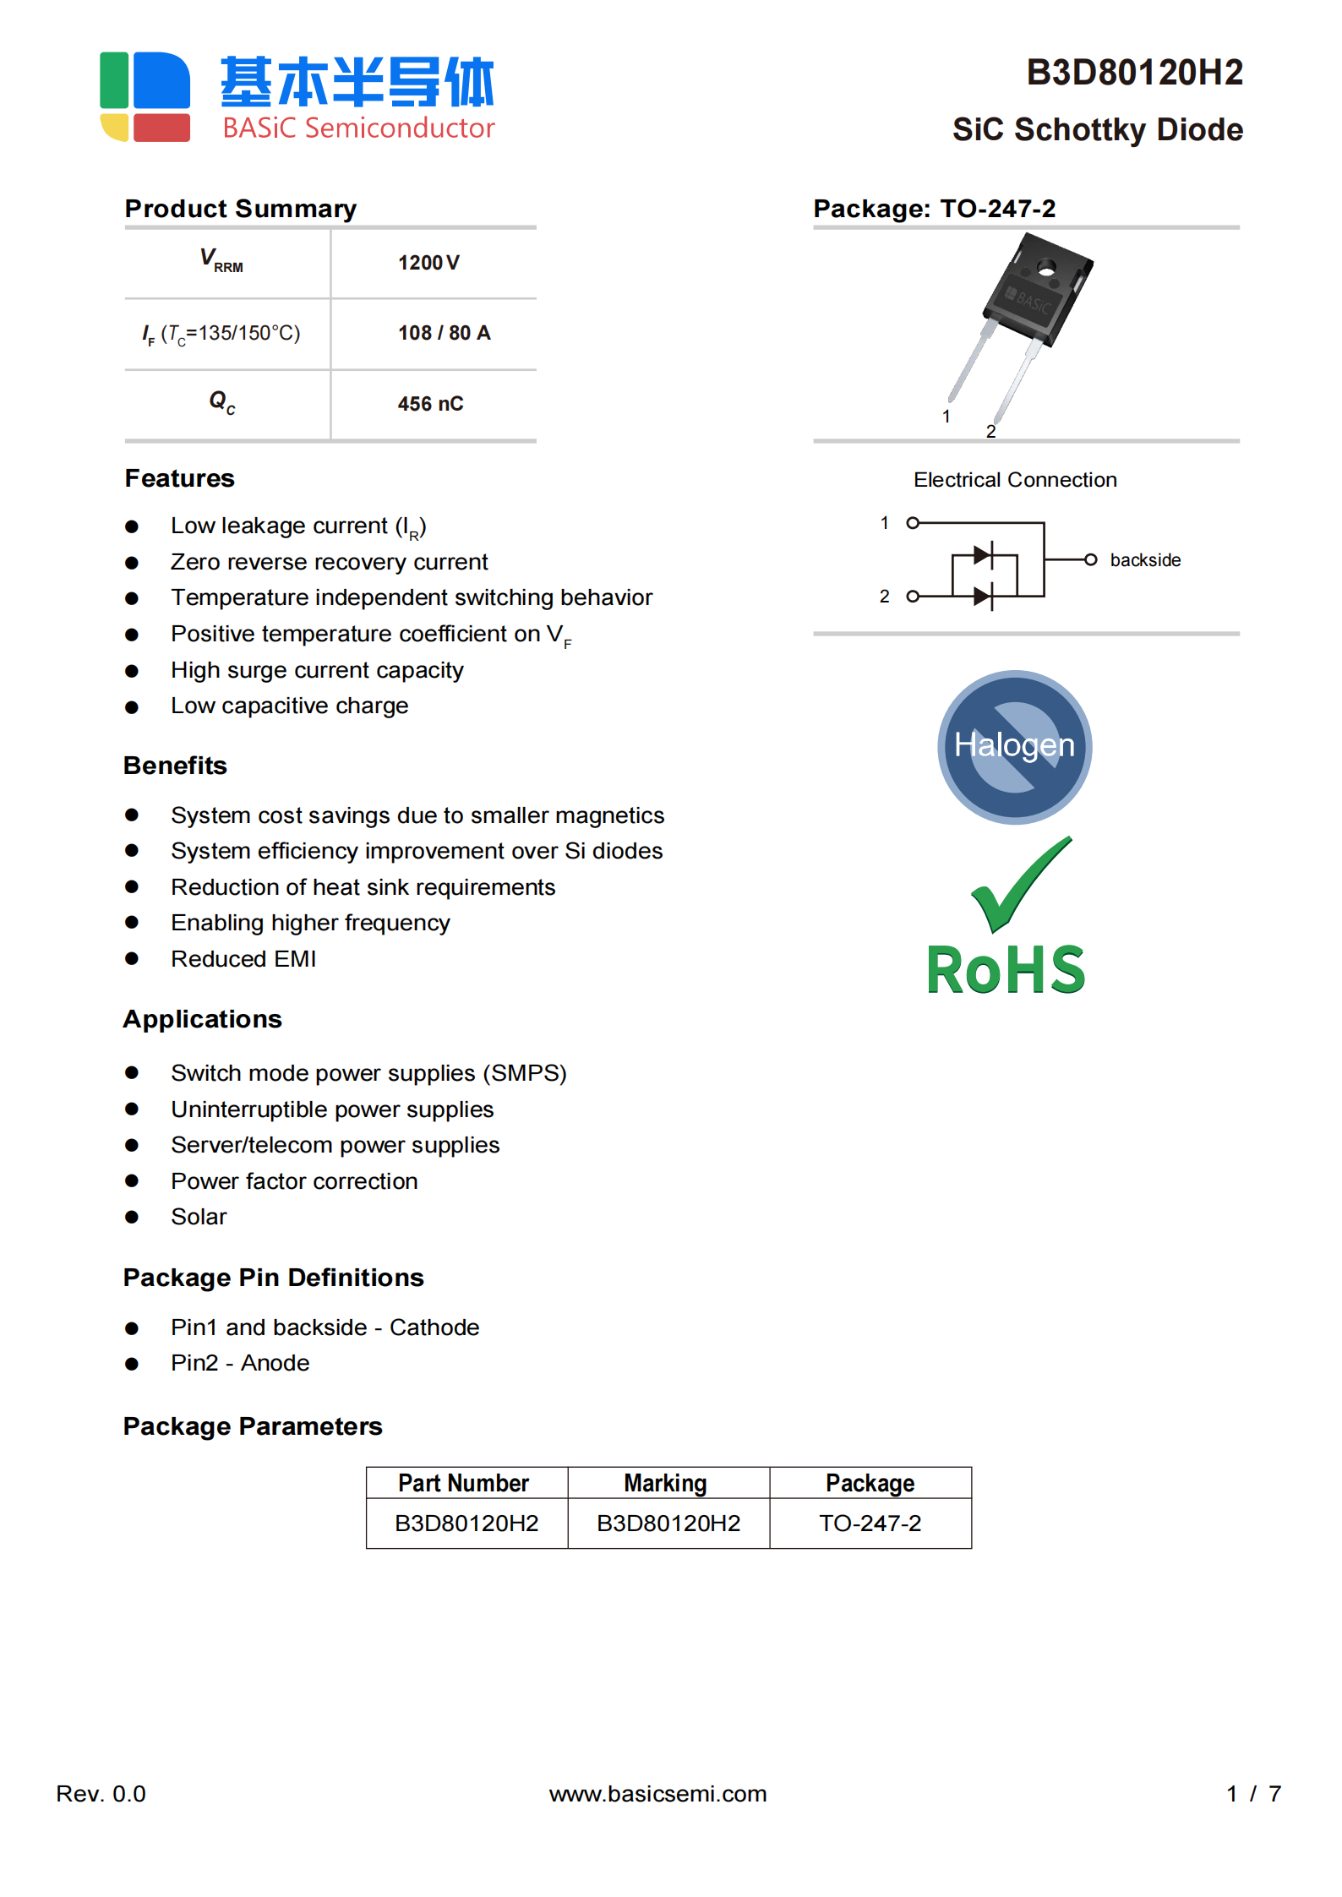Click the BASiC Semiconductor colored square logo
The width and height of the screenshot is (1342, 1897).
tap(145, 96)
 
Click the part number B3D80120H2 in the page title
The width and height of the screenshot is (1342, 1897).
tap(1134, 73)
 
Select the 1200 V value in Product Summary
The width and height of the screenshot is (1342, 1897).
tap(428, 263)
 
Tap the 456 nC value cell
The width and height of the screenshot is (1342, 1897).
tap(430, 404)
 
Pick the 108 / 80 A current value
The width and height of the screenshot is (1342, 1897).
tap(444, 333)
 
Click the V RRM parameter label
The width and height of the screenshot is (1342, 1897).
tap(221, 260)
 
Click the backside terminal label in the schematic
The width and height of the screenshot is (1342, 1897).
tap(1144, 560)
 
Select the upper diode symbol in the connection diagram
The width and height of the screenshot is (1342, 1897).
tap(983, 555)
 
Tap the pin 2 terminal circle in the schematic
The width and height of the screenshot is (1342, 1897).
tap(913, 597)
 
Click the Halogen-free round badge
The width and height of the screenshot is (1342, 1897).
tap(1014, 747)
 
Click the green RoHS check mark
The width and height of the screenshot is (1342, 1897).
tap(1020, 884)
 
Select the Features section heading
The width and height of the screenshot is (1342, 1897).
tap(180, 478)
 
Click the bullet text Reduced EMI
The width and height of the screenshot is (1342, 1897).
tap(243, 959)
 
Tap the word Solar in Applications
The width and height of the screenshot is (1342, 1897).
tap(199, 1217)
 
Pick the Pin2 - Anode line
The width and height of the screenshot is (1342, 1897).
tap(240, 1363)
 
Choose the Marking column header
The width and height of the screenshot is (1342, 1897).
tap(666, 1483)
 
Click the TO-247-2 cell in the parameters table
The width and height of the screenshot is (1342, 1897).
tap(870, 1524)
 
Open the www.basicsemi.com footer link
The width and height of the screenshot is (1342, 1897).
tap(657, 1793)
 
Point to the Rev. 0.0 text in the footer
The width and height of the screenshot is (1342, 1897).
tap(101, 1793)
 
